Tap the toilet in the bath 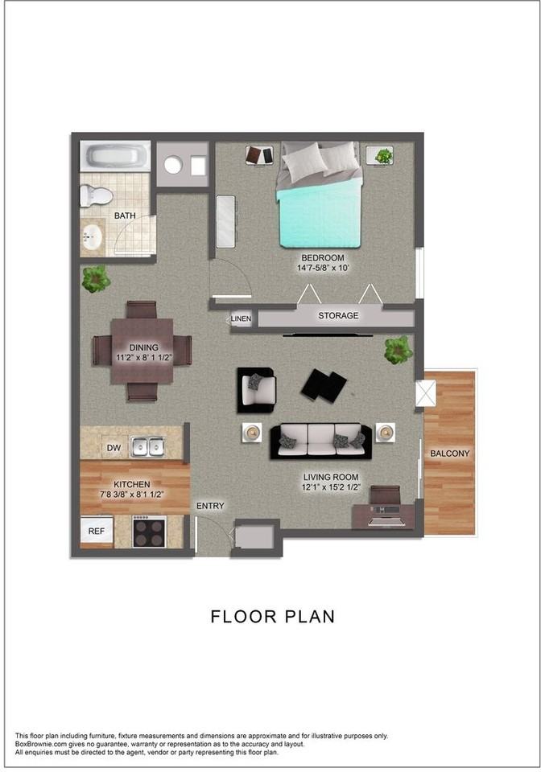(x=96, y=195)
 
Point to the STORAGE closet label (x=338, y=316)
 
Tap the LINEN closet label (x=241, y=319)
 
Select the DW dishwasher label (x=113, y=448)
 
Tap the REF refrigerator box (x=97, y=531)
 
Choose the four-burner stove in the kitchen (x=149, y=532)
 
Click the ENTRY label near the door (x=210, y=506)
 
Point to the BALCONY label (x=449, y=454)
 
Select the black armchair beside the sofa (x=256, y=388)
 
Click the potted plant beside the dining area (x=96, y=279)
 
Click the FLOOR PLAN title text (x=272, y=617)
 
